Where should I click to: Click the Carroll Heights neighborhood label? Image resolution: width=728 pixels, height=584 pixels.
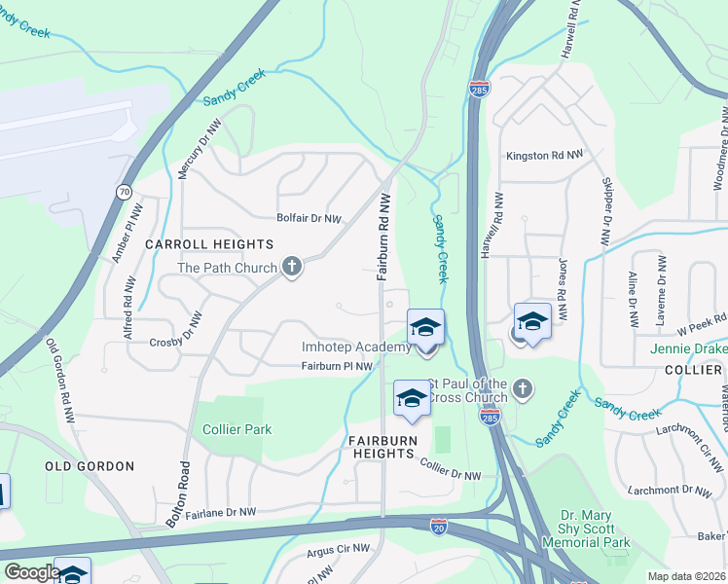(x=209, y=243)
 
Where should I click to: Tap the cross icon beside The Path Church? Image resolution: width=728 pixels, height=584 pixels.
(x=291, y=266)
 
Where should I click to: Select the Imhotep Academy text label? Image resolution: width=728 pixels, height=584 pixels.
(x=356, y=347)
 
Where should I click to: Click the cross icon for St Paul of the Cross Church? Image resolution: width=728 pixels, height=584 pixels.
(x=522, y=389)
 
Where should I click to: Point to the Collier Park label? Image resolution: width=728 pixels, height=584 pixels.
(x=237, y=429)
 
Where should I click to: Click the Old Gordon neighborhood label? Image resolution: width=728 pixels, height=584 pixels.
(x=90, y=466)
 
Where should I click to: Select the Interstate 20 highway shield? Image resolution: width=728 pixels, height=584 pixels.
(x=440, y=526)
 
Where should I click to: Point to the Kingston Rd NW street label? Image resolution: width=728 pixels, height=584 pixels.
(x=543, y=156)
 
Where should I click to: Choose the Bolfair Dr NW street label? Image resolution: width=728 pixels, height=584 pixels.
(x=309, y=219)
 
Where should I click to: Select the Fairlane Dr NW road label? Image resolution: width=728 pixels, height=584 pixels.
(x=220, y=512)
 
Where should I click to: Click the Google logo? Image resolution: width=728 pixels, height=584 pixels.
(x=32, y=572)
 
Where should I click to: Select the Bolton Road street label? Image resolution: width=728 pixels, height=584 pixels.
(x=183, y=494)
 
